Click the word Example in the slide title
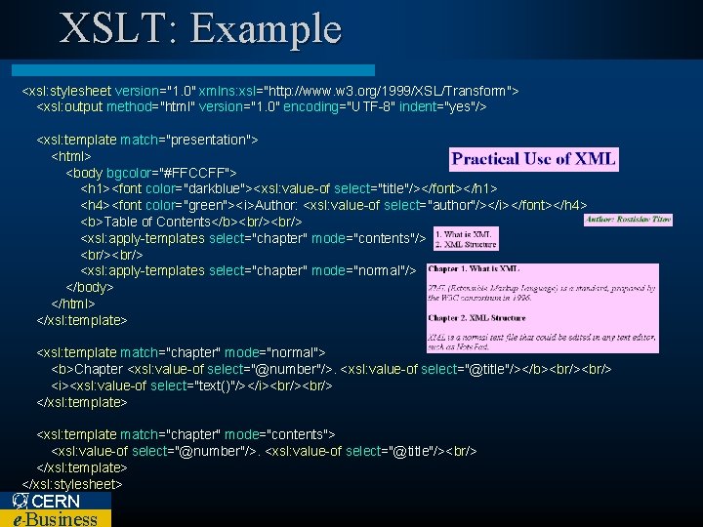pos(267,29)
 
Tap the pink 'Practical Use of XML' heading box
pos(534,159)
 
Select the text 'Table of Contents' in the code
pos(155,222)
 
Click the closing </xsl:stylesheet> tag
pos(72,484)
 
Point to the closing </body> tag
pos(90,287)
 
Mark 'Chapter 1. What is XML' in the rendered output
pos(475,269)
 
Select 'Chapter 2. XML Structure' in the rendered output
pos(476,318)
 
